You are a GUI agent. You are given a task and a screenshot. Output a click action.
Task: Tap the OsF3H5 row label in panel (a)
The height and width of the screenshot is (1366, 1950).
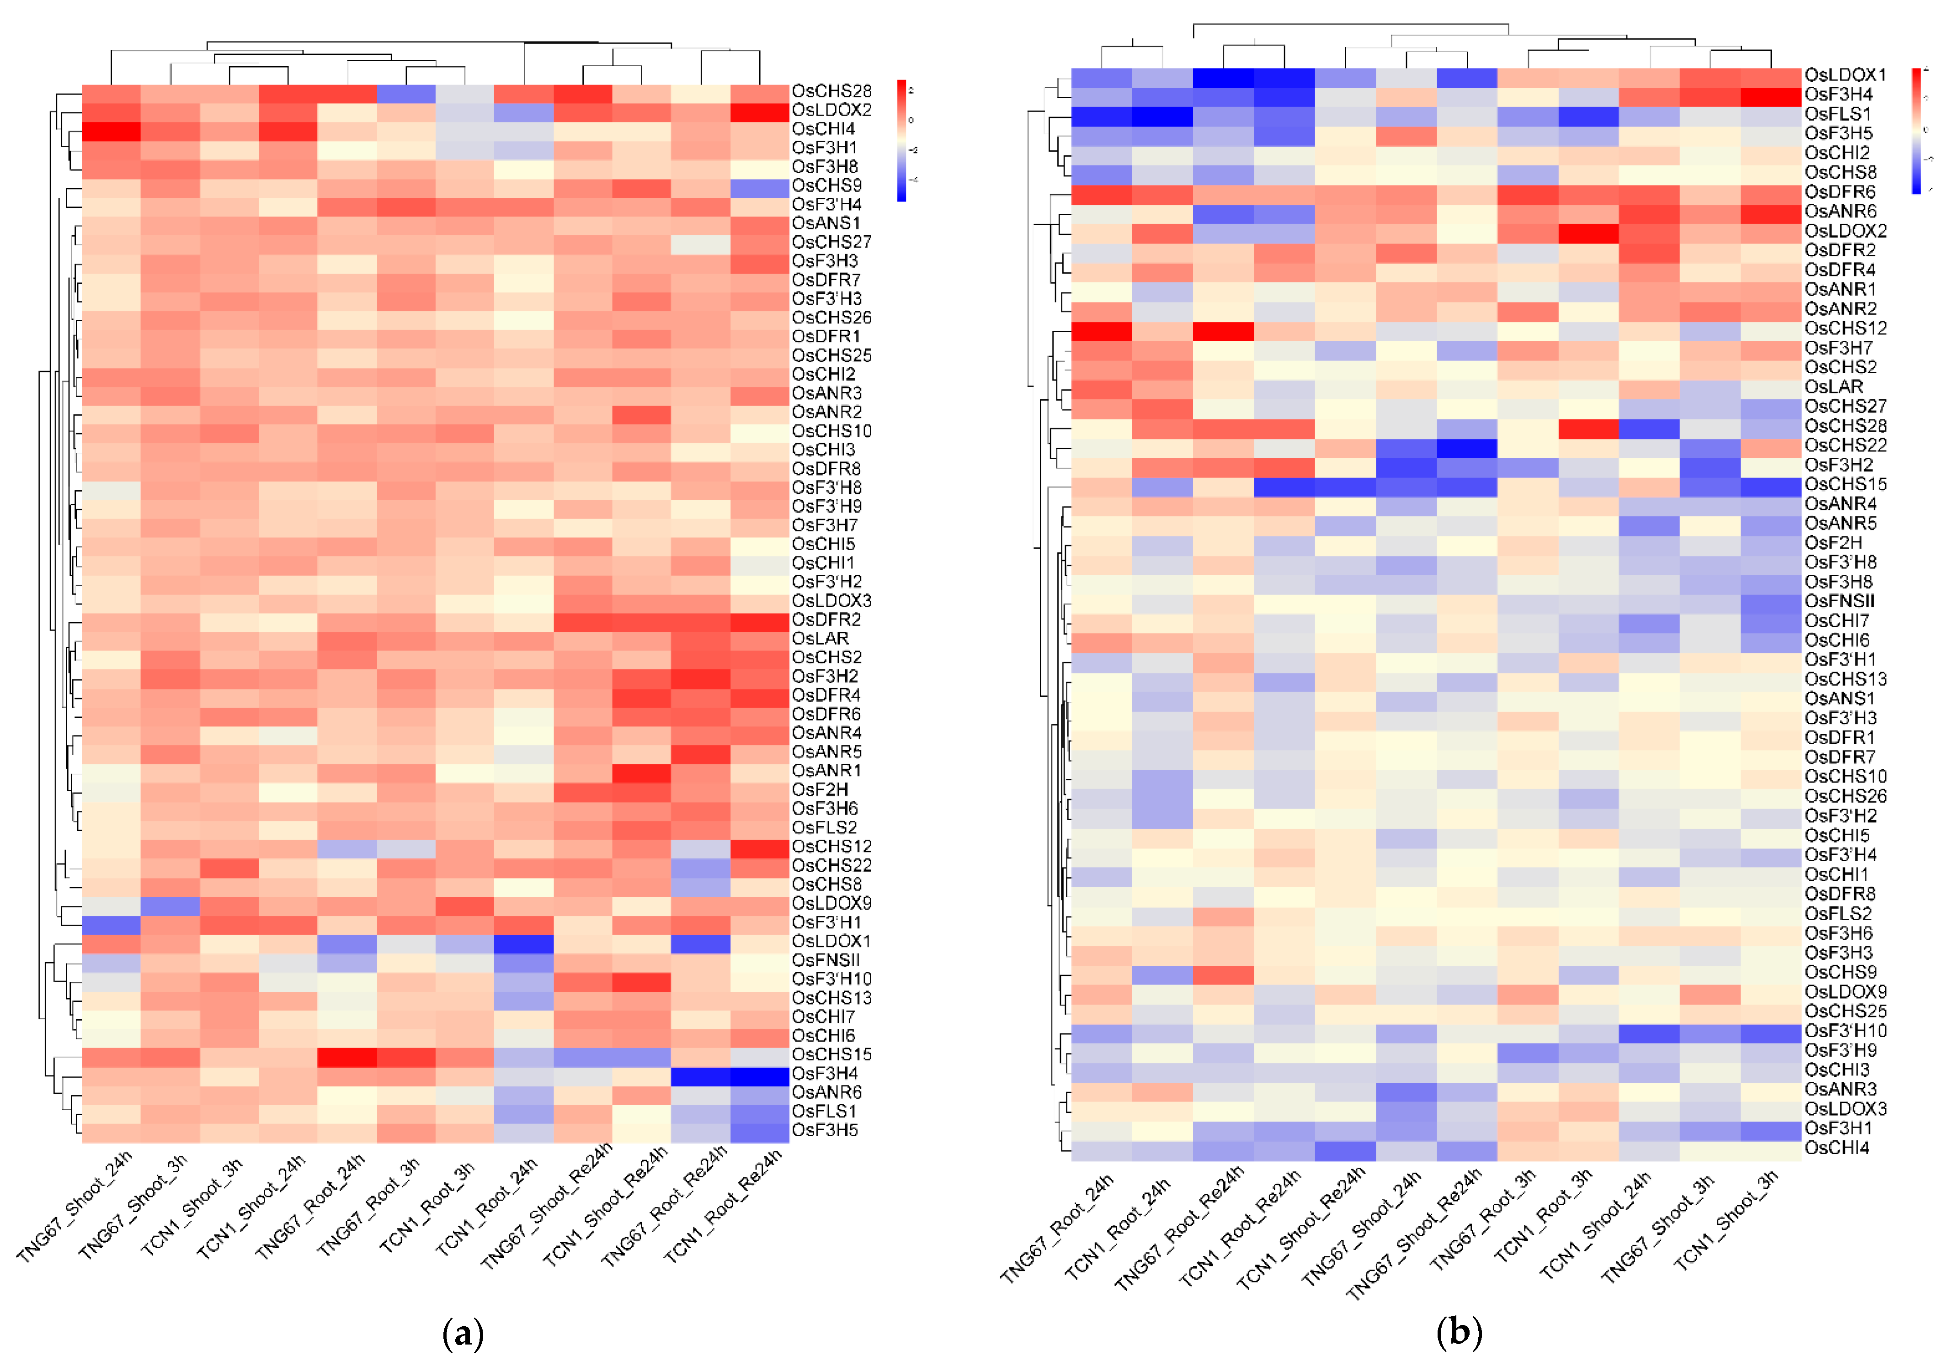(825, 1130)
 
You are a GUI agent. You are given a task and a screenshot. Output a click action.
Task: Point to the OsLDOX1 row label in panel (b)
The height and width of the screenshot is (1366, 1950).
(1845, 75)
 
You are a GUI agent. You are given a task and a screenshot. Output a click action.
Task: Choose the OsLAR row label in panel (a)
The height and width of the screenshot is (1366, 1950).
(820, 638)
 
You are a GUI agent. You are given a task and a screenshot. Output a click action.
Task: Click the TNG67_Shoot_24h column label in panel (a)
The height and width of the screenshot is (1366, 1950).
(76, 1206)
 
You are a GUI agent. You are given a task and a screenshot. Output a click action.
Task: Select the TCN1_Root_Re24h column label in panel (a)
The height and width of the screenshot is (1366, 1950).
(724, 1206)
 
